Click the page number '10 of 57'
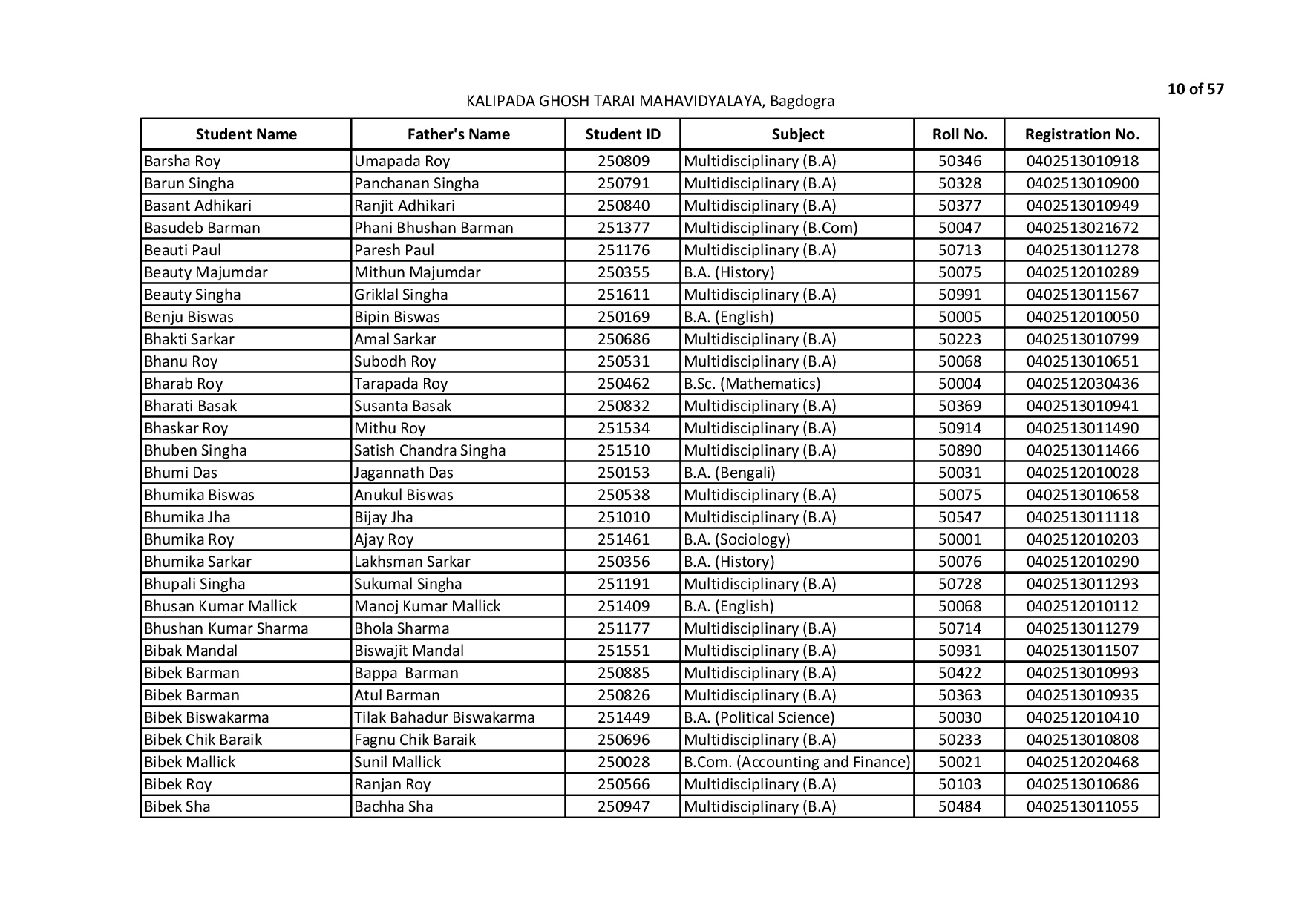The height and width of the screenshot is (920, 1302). point(1195,90)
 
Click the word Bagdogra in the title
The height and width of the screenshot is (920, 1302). point(802,101)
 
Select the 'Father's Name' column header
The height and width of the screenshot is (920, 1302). point(458,134)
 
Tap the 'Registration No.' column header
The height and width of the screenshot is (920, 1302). point(1082,134)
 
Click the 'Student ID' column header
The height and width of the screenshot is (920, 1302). point(622,134)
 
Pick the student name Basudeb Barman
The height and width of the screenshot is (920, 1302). point(202,228)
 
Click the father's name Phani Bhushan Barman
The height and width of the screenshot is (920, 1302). point(434,228)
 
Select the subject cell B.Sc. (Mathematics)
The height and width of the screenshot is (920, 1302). point(752,384)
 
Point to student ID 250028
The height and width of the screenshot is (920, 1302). point(623,762)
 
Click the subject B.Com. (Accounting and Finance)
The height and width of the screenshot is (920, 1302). point(796,762)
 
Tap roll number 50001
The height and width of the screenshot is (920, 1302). point(959,539)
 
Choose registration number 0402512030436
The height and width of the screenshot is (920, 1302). point(1082,384)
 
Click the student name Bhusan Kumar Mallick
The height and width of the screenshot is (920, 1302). point(220,606)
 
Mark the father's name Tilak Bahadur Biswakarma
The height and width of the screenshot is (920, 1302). point(444,717)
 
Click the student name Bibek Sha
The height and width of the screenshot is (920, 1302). point(177,806)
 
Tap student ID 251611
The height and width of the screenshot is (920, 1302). point(623,295)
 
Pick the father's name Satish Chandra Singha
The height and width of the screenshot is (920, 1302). point(430,450)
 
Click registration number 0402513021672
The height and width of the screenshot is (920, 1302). point(1082,228)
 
